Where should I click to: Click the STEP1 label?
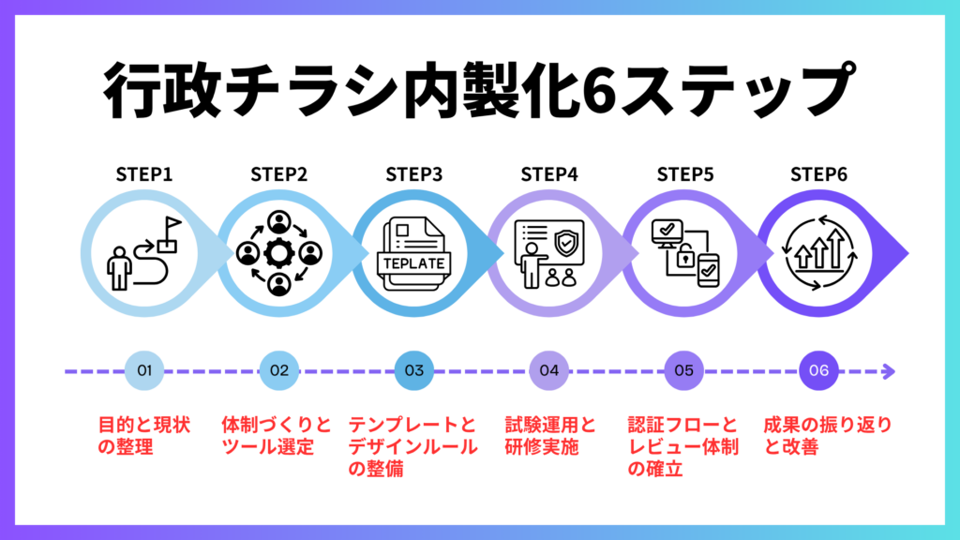point(144,175)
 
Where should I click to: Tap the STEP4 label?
point(549,175)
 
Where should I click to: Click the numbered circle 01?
point(144,370)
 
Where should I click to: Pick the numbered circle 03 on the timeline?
point(414,370)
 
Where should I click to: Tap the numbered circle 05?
point(683,370)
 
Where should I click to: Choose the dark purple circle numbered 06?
point(818,370)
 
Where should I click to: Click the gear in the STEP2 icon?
point(278,252)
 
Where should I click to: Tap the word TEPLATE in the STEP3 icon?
point(413,262)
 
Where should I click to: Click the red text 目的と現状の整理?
point(144,436)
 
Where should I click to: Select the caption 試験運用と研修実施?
point(549,436)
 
